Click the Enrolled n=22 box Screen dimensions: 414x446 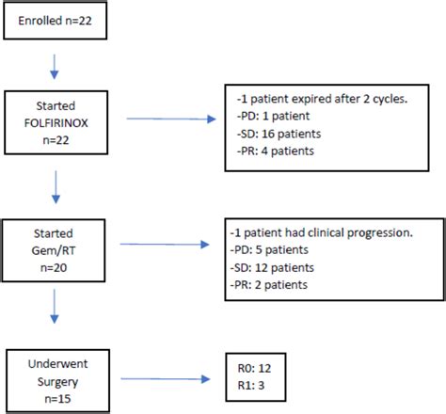click(x=58, y=20)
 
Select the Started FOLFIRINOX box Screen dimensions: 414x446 click(x=59, y=119)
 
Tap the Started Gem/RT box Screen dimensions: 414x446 click(x=59, y=247)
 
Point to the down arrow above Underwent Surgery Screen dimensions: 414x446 click(x=58, y=317)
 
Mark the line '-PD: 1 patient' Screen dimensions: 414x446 click(x=271, y=117)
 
